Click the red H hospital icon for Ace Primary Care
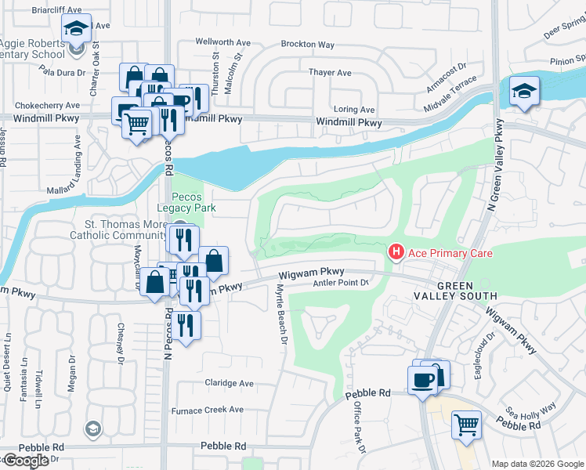396,251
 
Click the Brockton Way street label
306,45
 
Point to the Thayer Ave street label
330,73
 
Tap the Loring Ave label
354,110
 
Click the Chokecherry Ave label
40,105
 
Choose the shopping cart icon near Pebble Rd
467,425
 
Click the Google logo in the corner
25,461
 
